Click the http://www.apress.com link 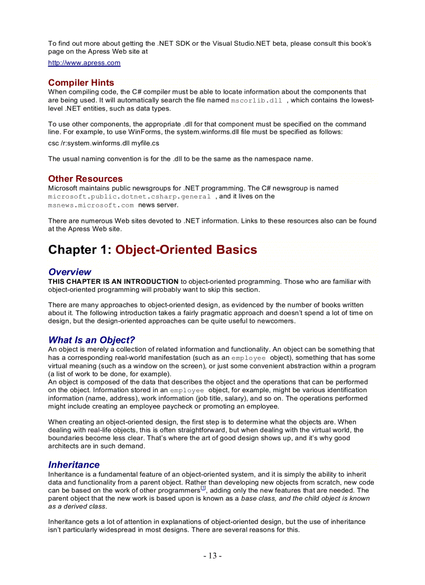[x=84, y=63]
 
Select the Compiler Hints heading [x=81, y=83]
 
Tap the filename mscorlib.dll [x=256, y=101]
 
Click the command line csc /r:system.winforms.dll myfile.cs [x=104, y=143]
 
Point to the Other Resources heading [x=85, y=179]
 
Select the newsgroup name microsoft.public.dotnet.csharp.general [x=129, y=197]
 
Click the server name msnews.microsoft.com [x=91, y=205]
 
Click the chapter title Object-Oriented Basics [x=186, y=250]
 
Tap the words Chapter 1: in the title [x=80, y=250]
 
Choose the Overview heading [x=69, y=272]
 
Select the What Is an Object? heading [x=91, y=340]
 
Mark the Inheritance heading [x=73, y=465]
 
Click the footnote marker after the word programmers [x=203, y=489]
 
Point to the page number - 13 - [x=212, y=556]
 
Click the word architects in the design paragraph [x=65, y=446]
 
